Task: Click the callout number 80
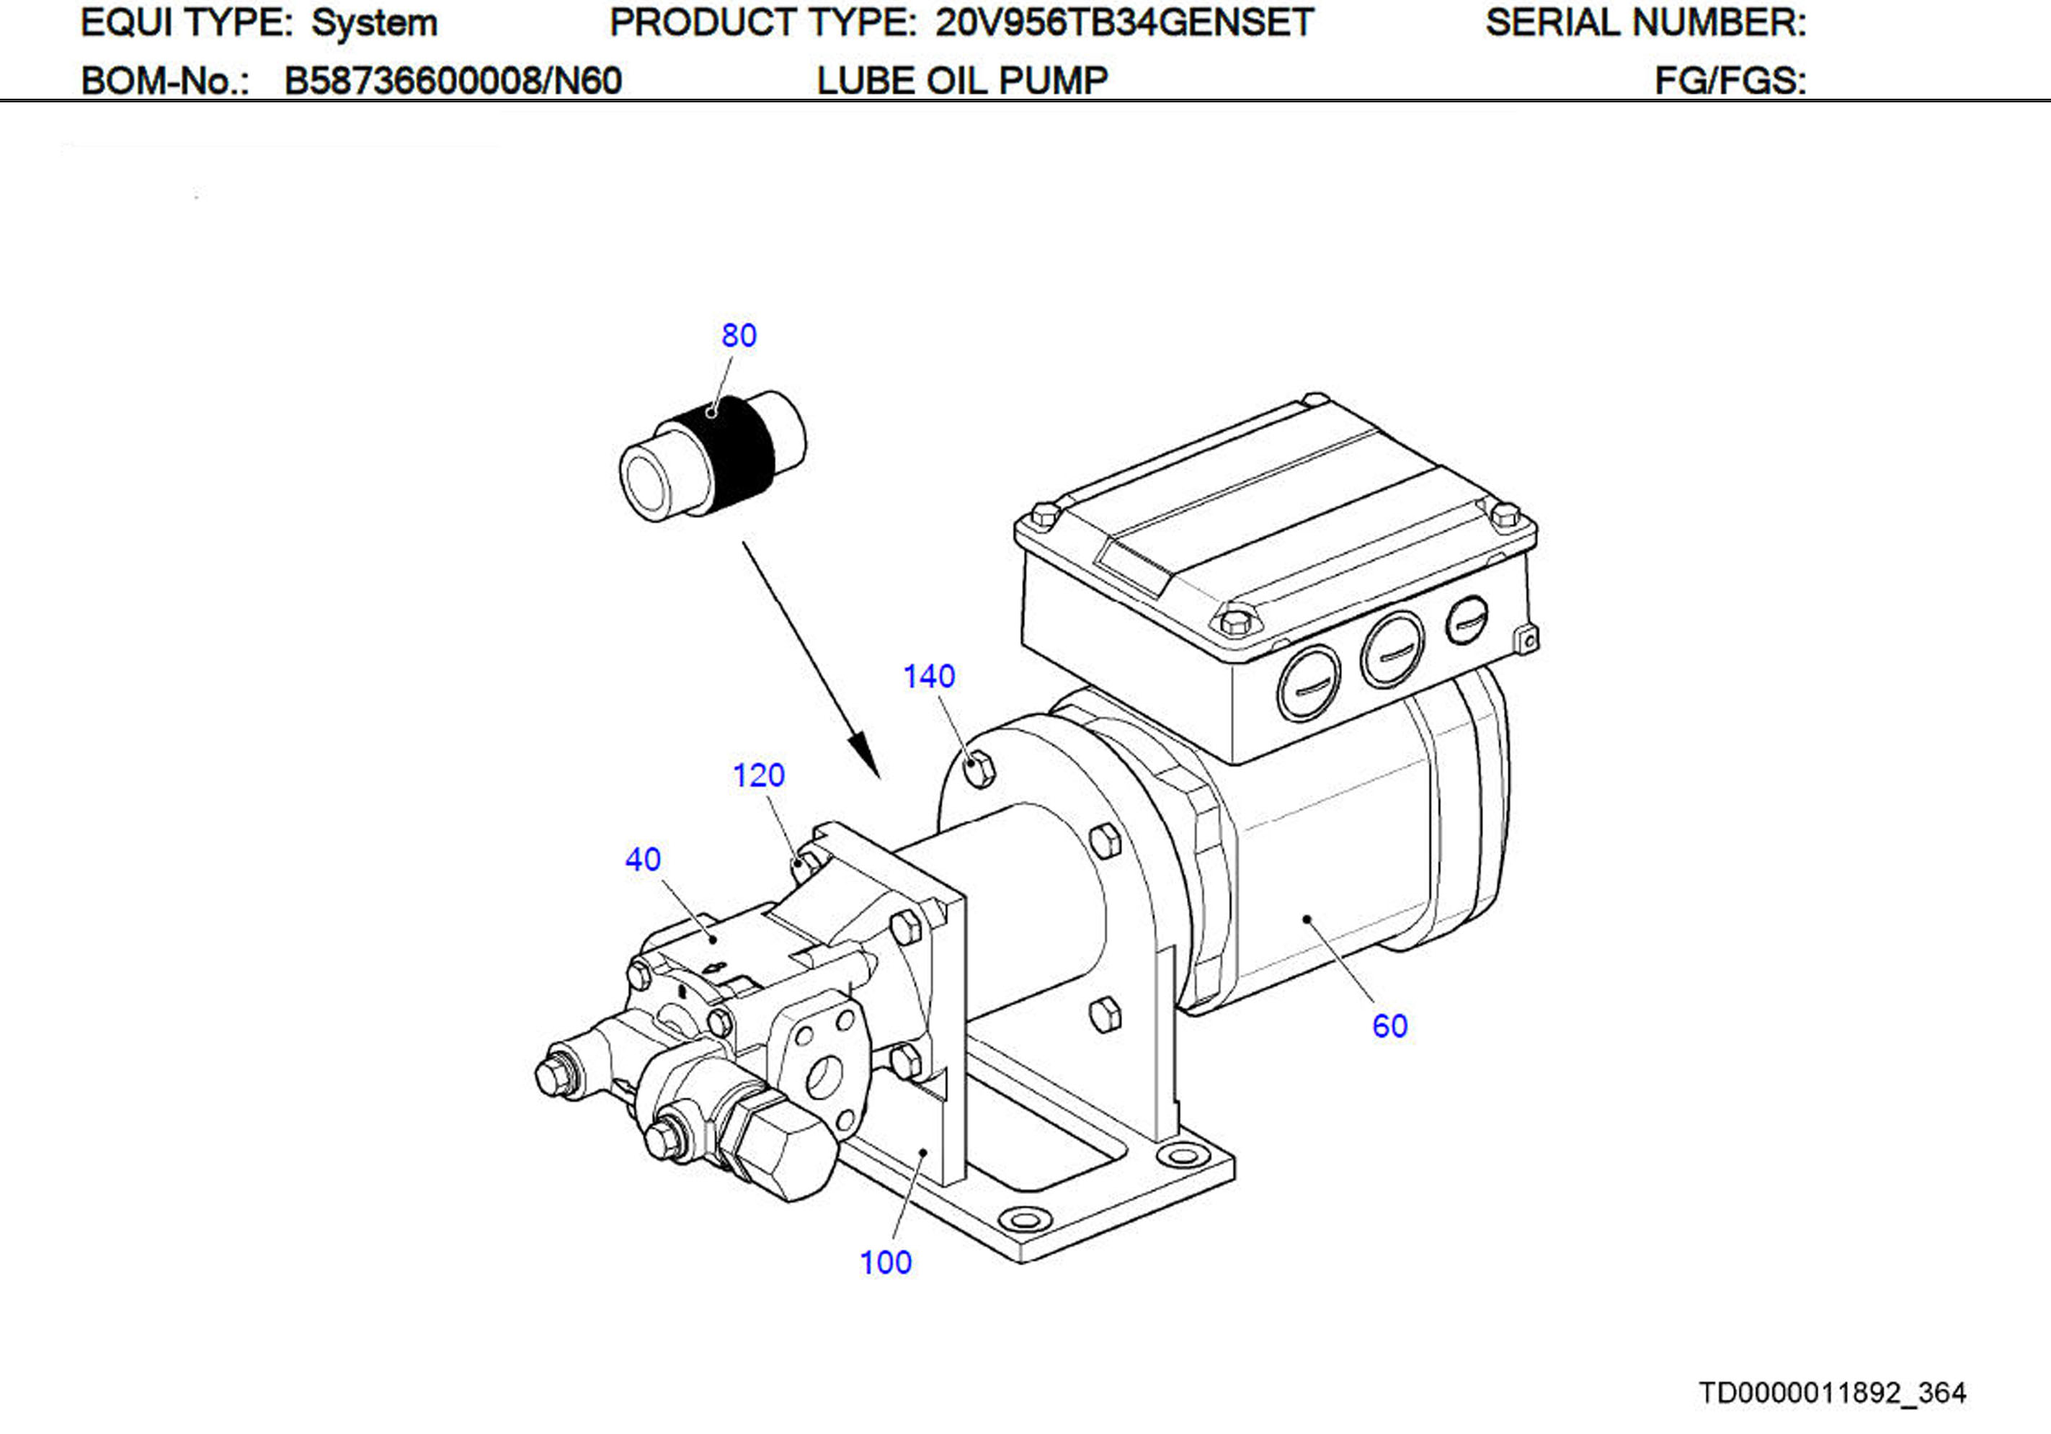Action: point(739,335)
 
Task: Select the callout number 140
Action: point(928,677)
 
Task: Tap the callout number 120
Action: point(758,775)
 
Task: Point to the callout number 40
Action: point(642,860)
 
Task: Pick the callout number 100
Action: point(884,1262)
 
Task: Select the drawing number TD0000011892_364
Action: point(1831,1393)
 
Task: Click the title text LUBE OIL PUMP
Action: point(962,81)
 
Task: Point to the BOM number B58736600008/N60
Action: point(452,81)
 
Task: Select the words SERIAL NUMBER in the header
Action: point(1645,23)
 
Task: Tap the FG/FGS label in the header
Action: point(1730,81)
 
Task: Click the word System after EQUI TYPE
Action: point(373,23)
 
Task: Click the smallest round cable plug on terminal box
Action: point(1466,619)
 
